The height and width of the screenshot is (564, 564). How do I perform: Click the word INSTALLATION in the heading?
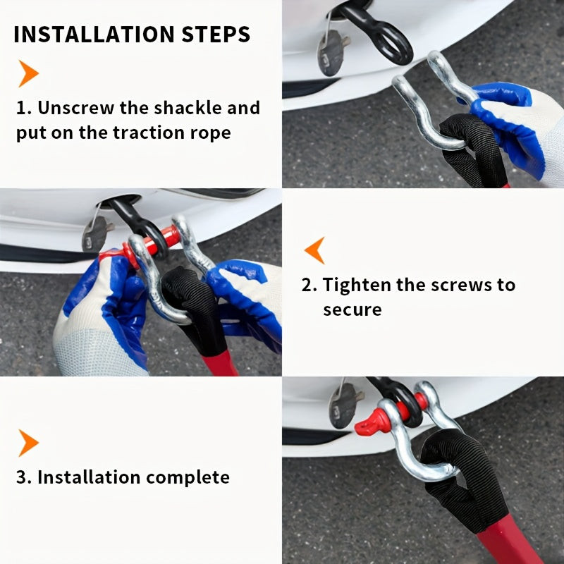click(94, 34)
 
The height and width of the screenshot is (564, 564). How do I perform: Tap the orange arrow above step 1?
click(28, 73)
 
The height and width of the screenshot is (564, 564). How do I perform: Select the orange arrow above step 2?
click(314, 250)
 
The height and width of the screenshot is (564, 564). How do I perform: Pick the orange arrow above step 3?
click(28, 443)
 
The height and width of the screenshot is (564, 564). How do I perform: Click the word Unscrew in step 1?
click(76, 108)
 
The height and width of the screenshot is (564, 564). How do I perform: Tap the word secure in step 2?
click(352, 310)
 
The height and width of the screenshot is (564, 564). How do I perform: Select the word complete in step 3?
click(188, 478)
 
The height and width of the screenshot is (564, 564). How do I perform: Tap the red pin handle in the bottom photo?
click(371, 422)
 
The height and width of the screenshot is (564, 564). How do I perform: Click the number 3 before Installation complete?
click(22, 478)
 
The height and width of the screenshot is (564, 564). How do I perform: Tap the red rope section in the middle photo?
click(220, 363)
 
